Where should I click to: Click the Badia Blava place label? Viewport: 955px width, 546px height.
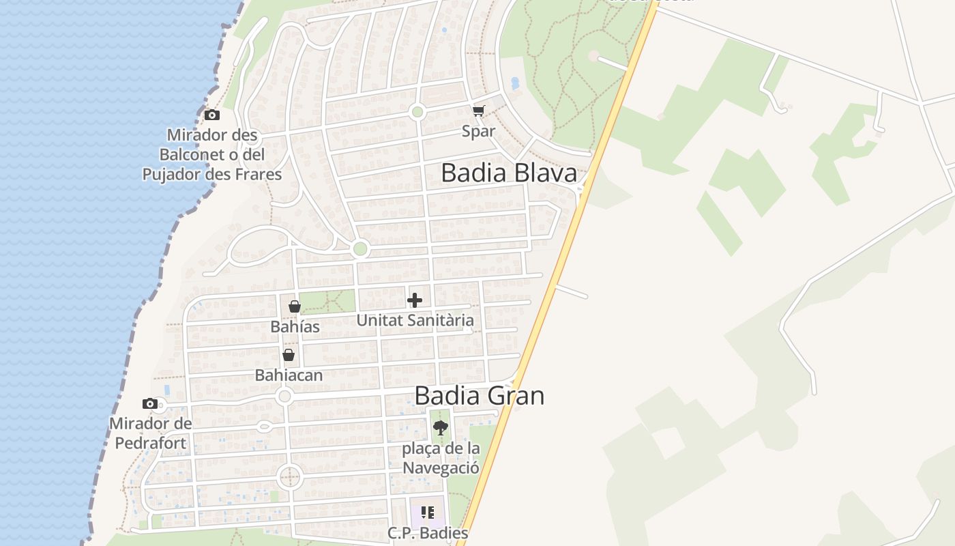(x=509, y=173)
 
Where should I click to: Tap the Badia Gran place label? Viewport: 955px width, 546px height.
(x=480, y=396)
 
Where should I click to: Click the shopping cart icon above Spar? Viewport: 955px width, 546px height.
(x=479, y=111)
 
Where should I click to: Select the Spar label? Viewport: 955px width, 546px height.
(x=478, y=131)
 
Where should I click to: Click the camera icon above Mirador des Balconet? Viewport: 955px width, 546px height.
(x=212, y=115)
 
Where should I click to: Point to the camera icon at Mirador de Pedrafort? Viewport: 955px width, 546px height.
(x=150, y=404)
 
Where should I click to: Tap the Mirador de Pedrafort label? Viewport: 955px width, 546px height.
(x=151, y=433)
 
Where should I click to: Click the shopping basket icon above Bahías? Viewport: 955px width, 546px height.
(x=295, y=306)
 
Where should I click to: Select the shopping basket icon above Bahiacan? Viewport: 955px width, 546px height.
(x=289, y=355)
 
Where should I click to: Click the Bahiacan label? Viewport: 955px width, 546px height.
(x=289, y=375)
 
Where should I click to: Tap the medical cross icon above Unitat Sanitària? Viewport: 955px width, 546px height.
(x=415, y=300)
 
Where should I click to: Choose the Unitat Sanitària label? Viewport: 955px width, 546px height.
(x=415, y=320)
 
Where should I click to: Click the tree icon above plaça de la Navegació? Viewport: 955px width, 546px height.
(x=441, y=429)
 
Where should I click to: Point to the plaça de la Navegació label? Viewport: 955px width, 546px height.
(x=441, y=458)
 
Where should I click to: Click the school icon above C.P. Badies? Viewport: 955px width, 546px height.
(x=428, y=513)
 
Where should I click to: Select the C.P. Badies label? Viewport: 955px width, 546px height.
(x=428, y=533)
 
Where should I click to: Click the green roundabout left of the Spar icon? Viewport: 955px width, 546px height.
(x=417, y=112)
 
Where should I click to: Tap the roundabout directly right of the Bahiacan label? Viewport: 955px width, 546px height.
(x=285, y=397)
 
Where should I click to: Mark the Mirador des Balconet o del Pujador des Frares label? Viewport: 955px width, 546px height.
(x=212, y=154)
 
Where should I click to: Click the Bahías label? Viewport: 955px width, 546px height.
(x=295, y=327)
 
